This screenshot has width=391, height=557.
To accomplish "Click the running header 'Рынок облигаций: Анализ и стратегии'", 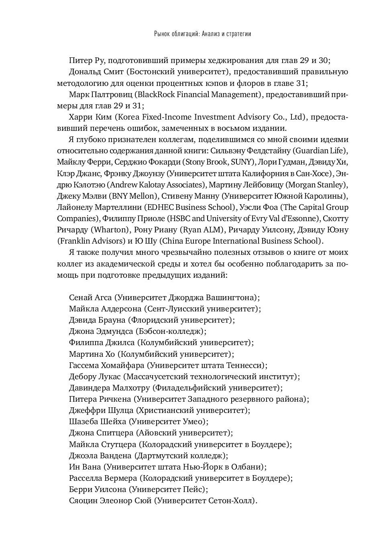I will click(202, 34).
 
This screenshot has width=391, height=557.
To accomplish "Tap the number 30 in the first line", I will click(323, 61).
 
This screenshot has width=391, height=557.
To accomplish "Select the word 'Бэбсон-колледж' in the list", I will click(171, 331).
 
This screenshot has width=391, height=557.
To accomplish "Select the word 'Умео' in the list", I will click(194, 422).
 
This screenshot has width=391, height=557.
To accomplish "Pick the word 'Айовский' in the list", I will click(157, 433).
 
